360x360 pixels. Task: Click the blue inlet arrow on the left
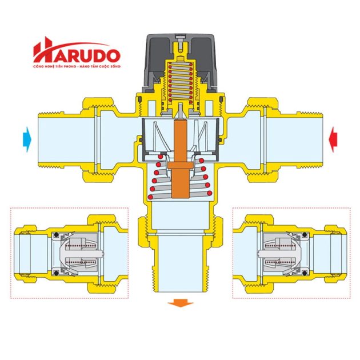click(26, 138)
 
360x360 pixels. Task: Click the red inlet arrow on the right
click(334, 138)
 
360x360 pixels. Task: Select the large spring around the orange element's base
click(179, 177)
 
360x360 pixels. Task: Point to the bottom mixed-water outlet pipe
click(181, 263)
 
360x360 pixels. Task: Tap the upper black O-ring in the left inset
click(56, 235)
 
